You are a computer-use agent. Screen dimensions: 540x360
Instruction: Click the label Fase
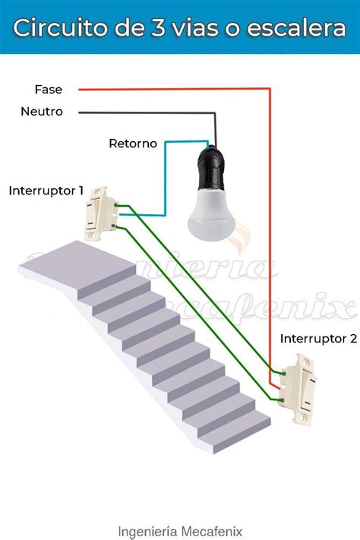pos(49,90)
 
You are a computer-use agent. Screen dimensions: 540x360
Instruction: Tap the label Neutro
pos(42,112)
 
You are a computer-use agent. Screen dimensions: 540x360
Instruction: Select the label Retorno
pos(133,143)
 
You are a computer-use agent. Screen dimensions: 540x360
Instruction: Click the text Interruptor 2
pos(318,338)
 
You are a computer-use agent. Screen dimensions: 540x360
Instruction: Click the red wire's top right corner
pos(270,90)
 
